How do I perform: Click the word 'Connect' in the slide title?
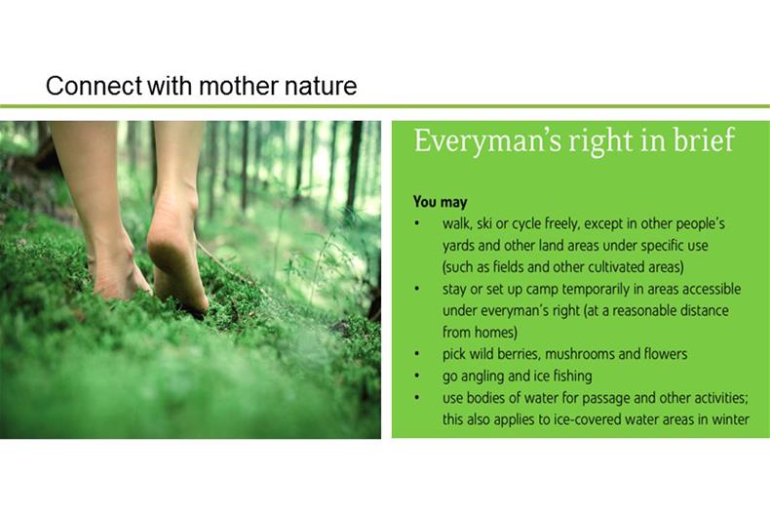94,86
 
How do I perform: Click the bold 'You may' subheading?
440,202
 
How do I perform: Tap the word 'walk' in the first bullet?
455,223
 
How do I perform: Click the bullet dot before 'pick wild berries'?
416,353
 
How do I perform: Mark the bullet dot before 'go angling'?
416,376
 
